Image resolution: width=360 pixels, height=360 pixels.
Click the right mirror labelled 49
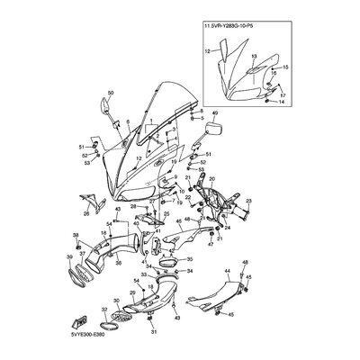[215, 128]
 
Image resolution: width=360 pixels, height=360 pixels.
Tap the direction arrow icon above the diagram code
[79, 318]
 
